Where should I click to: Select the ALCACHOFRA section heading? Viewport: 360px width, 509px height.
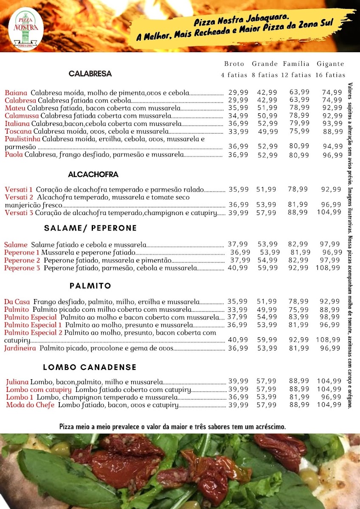(x=93, y=174)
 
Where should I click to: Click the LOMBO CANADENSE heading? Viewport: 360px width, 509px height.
(x=90, y=367)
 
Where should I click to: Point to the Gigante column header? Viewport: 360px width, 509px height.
(x=330, y=64)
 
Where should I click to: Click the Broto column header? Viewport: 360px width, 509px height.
(x=234, y=64)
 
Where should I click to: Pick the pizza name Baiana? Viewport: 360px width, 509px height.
(x=16, y=92)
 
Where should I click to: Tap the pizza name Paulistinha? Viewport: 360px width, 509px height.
(x=22, y=139)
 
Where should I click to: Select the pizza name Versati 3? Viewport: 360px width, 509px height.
(x=19, y=213)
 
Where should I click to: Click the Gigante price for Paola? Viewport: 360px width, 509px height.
(x=332, y=155)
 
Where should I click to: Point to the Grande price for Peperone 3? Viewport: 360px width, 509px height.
(x=267, y=268)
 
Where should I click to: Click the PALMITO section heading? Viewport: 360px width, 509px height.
(x=90, y=285)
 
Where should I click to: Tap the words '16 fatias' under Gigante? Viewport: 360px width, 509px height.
(x=330, y=75)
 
